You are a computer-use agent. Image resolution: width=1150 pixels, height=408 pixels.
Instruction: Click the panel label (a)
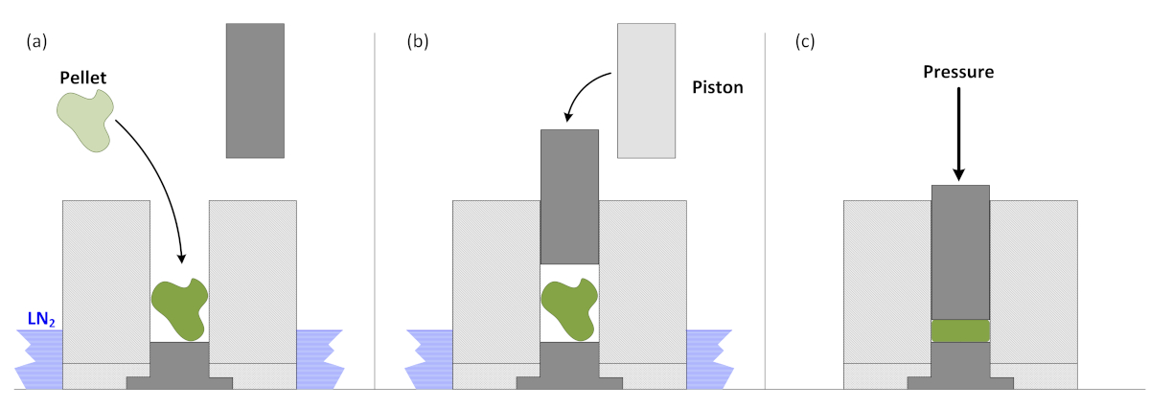click(36, 41)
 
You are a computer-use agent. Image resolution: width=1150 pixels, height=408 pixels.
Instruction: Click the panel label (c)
click(806, 41)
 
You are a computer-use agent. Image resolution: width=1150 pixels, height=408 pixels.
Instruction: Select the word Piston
click(718, 86)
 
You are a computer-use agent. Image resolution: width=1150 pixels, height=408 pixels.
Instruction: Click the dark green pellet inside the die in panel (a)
click(179, 307)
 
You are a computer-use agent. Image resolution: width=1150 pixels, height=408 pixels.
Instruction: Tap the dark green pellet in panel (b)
click(569, 307)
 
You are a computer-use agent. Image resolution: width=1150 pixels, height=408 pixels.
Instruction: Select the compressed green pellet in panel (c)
click(960, 330)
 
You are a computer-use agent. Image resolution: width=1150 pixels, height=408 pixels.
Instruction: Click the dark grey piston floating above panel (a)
click(255, 90)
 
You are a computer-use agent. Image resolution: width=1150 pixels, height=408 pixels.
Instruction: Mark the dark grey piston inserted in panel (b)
click(569, 196)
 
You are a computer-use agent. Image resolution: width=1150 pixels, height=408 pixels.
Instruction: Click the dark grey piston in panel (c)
click(960, 251)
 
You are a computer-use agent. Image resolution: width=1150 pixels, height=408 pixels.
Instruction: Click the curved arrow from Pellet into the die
click(158, 172)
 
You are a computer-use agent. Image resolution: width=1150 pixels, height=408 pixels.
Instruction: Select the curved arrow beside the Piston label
click(583, 91)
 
